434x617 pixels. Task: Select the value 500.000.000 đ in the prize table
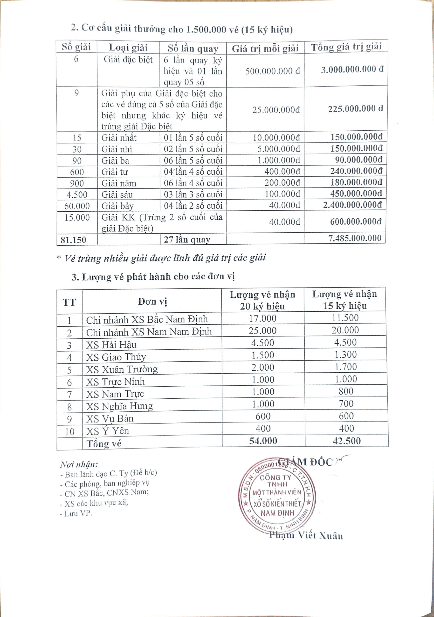[x=272, y=71]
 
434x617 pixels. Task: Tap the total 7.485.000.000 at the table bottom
[x=355, y=238]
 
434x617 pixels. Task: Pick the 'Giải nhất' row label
[x=119, y=138]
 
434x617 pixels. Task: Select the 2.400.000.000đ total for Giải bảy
[x=352, y=205]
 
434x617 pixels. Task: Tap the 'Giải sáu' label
[x=117, y=194]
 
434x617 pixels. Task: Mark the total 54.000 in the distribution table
[x=263, y=441]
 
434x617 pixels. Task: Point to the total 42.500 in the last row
[x=347, y=441]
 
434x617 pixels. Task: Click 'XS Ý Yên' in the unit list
[x=107, y=431]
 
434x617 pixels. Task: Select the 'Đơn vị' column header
[x=152, y=302]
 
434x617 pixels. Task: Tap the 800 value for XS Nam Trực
[x=346, y=391]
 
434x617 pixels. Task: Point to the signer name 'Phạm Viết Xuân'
[x=306, y=535]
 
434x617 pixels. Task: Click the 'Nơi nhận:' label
[x=79, y=464]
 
